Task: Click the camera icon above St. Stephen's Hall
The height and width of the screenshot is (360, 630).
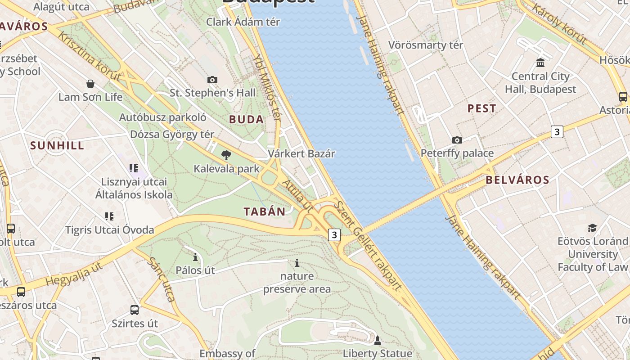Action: point(212,80)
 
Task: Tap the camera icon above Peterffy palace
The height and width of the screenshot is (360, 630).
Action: point(457,140)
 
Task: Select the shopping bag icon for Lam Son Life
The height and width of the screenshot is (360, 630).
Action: point(90,84)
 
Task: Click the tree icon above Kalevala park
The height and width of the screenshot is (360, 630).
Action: point(226,156)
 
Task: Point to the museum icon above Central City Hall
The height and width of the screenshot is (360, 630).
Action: point(540,63)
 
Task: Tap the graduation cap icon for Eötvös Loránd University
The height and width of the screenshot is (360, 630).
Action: point(592,228)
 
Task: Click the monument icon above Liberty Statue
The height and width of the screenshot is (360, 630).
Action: point(378,340)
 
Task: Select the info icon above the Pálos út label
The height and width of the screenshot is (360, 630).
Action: point(195,257)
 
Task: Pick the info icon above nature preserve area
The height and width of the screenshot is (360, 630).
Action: point(297,263)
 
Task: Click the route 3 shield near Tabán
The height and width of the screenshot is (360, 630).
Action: point(334,234)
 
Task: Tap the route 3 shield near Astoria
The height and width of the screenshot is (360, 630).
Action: point(557,132)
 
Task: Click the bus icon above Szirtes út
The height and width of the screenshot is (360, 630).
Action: point(135,310)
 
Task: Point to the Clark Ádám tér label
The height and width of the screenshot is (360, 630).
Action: point(243,22)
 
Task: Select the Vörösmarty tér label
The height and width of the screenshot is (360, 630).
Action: point(425,45)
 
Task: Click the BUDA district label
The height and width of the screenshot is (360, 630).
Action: point(246,119)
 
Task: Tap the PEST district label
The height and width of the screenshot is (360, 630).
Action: point(481,108)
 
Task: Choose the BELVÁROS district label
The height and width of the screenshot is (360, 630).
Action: point(517,180)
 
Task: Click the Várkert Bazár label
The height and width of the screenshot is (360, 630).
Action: point(301,153)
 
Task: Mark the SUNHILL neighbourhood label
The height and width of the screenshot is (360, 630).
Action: point(57,145)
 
